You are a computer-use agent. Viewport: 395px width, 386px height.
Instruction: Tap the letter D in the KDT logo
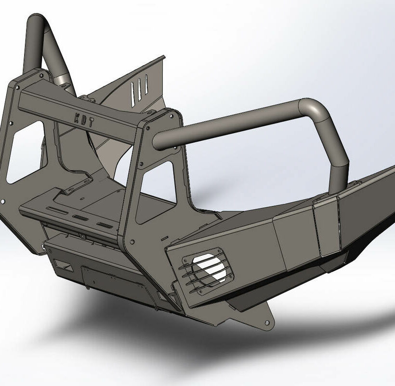84,120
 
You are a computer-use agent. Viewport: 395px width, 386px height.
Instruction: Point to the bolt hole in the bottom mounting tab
267,323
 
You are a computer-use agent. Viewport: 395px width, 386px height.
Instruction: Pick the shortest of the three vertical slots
146,84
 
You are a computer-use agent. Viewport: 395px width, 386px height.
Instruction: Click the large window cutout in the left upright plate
25,152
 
